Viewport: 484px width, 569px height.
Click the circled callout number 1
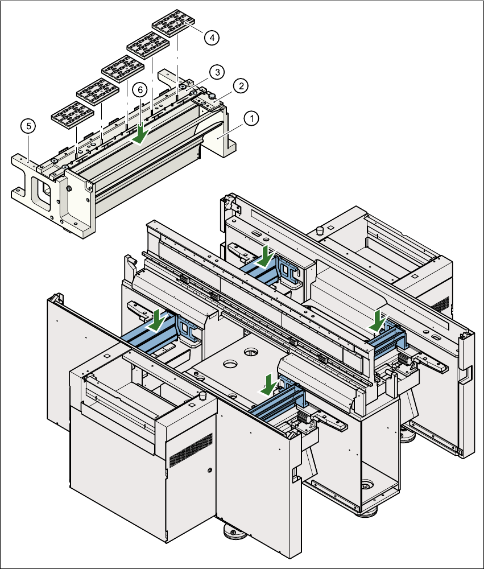pos(251,118)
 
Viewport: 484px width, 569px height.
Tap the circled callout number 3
pos(216,72)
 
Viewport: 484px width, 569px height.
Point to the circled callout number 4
pos(211,38)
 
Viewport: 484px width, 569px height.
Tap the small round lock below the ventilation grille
pos(209,471)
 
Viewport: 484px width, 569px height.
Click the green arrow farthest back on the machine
pos(266,257)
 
